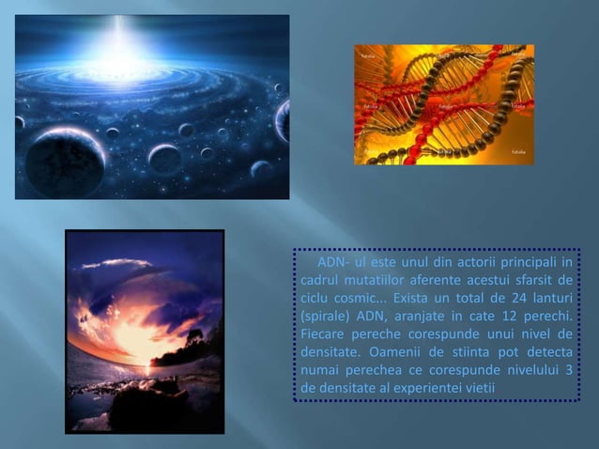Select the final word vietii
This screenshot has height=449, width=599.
(x=481, y=387)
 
